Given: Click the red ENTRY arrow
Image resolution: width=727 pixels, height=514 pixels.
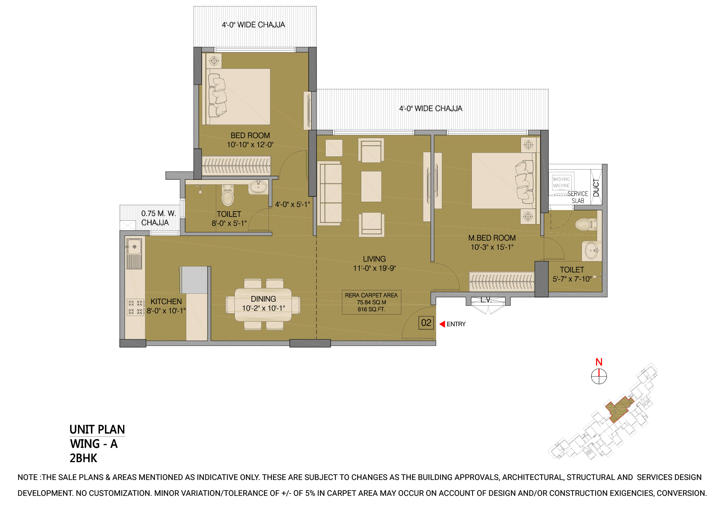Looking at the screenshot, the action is [x=442, y=324].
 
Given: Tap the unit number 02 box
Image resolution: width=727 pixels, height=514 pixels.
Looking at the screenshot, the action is [x=426, y=323].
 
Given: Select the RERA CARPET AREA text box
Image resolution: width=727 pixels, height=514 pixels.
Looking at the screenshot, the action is [x=371, y=302].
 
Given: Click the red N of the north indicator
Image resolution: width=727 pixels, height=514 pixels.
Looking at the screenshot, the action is [x=599, y=362].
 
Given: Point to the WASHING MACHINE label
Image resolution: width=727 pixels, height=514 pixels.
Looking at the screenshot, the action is [x=561, y=182].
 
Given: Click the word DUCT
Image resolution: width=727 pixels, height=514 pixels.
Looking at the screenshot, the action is [x=596, y=188].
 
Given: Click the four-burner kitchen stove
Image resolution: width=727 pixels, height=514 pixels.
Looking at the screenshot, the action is [x=135, y=307].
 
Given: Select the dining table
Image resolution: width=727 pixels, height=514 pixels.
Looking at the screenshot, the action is [x=263, y=305].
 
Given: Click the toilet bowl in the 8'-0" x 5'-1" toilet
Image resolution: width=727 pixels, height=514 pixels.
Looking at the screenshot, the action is [x=228, y=195].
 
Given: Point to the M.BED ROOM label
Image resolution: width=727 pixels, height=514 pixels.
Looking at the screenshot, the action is [x=492, y=238].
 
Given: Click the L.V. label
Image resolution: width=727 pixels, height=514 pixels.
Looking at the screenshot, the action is [x=486, y=300].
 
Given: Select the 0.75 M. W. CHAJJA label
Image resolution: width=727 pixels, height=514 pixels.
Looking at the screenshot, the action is [x=159, y=218].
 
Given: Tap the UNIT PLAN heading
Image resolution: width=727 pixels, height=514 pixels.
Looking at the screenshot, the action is [x=97, y=430].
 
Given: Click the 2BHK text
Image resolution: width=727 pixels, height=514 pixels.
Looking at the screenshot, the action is [x=84, y=458].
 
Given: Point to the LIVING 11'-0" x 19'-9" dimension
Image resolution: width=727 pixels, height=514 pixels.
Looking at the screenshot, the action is [x=374, y=263].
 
